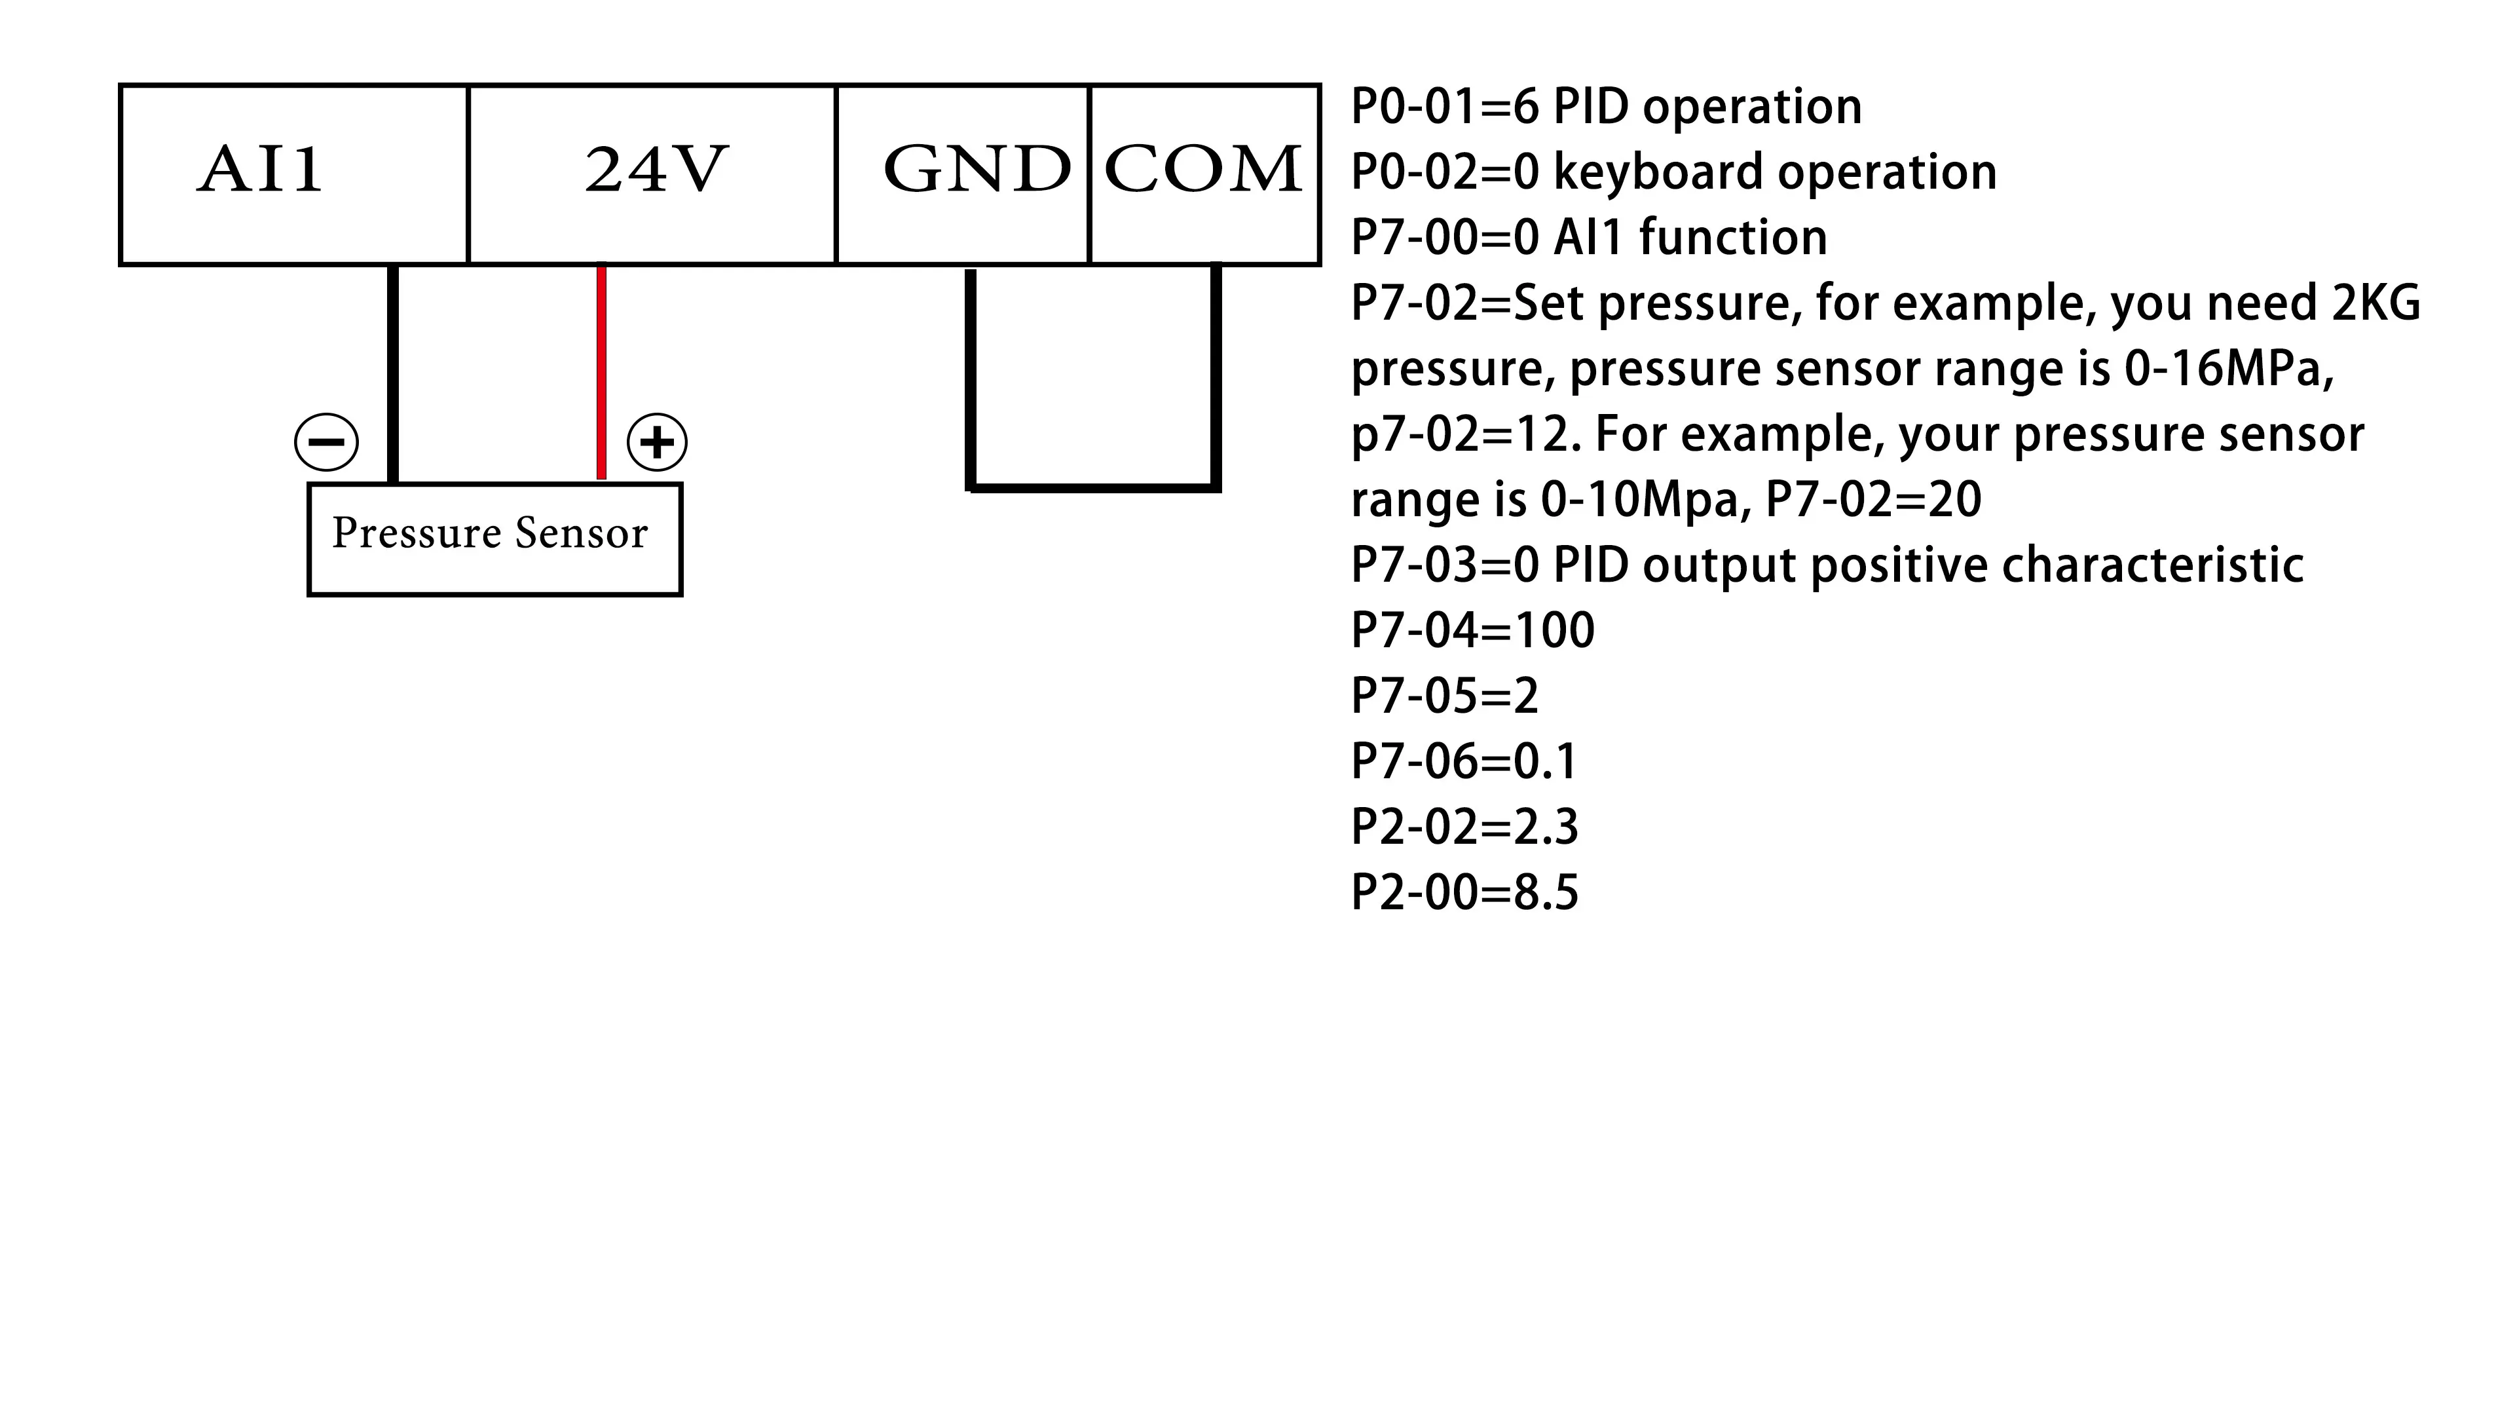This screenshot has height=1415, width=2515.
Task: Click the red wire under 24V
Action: coord(601,371)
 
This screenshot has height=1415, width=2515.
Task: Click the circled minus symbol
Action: coord(326,442)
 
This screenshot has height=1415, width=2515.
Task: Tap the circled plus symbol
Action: coord(656,442)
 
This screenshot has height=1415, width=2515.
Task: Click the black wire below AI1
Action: coord(392,371)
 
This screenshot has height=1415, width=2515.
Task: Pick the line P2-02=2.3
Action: coord(1464,827)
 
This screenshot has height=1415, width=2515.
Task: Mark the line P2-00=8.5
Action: coord(1464,892)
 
